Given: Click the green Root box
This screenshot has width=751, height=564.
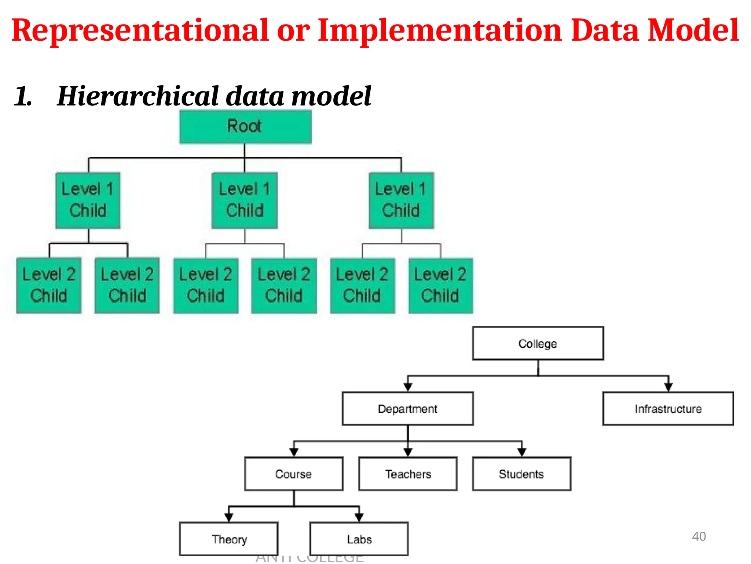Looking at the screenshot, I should (245, 127).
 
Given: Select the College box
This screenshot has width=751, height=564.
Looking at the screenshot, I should (538, 343).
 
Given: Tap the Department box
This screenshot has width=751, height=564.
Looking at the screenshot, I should (407, 409).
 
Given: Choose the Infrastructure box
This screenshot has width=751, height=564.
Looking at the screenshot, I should (668, 409).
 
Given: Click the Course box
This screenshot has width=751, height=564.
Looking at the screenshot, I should (293, 474).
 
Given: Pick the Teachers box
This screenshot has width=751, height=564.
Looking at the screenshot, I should (408, 474).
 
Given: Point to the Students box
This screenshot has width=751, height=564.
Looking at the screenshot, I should (521, 474).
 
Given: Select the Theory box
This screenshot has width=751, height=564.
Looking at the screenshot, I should (229, 539).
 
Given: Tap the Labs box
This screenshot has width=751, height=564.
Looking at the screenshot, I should (359, 539).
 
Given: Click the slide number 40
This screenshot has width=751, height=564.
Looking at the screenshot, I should (699, 536).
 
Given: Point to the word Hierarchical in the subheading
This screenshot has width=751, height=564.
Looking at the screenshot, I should (138, 96).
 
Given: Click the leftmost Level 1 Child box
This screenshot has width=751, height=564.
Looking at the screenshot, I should (88, 200).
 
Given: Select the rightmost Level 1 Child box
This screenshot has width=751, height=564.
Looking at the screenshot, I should (401, 200).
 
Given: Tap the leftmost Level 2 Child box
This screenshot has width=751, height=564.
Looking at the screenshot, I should (49, 285).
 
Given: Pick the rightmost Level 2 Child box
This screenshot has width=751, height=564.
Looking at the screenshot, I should (440, 285).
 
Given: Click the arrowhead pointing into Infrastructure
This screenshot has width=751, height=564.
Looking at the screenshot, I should (668, 387).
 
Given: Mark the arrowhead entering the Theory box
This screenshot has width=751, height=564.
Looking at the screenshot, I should (229, 518).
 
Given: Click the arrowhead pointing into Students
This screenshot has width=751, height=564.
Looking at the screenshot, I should (522, 452).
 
